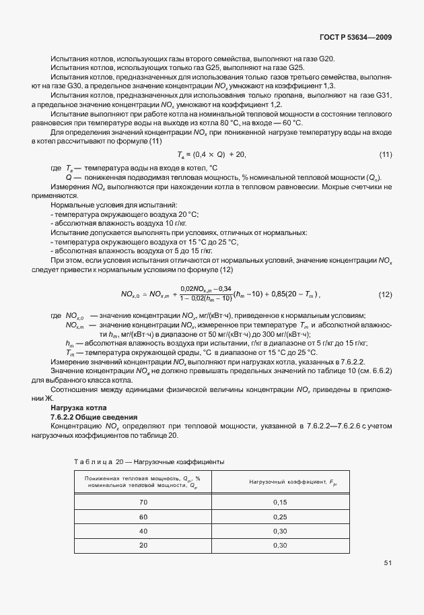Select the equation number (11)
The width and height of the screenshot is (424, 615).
click(386, 155)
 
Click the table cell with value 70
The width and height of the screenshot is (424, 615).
click(143, 502)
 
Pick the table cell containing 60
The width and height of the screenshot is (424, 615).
click(143, 516)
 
